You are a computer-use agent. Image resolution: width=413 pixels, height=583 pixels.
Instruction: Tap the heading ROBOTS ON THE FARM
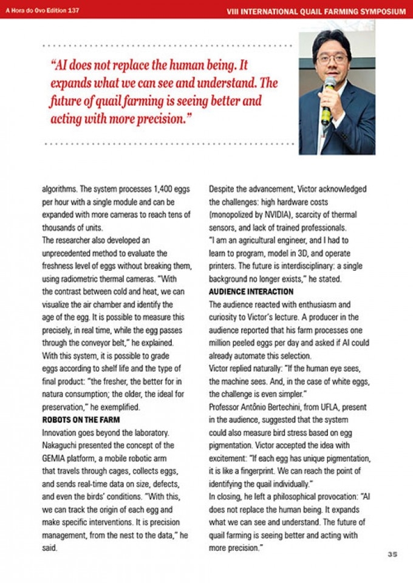[81, 420]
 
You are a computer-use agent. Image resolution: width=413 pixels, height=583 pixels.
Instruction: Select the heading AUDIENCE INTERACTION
[251, 292]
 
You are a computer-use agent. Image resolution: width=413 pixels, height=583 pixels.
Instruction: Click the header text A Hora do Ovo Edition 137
[43, 10]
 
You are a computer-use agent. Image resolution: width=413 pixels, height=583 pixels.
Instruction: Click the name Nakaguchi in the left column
[63, 445]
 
